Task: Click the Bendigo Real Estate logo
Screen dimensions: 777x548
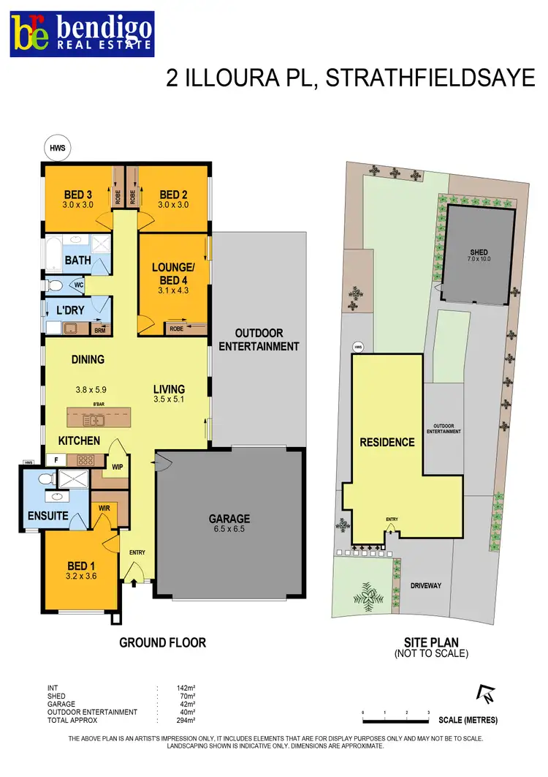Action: coord(82,34)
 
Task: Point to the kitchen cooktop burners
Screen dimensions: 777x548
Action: coord(85,461)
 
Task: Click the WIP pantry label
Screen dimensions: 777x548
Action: coord(118,465)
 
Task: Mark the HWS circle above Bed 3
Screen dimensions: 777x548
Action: coord(58,148)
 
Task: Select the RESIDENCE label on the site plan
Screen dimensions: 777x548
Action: coord(387,442)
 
